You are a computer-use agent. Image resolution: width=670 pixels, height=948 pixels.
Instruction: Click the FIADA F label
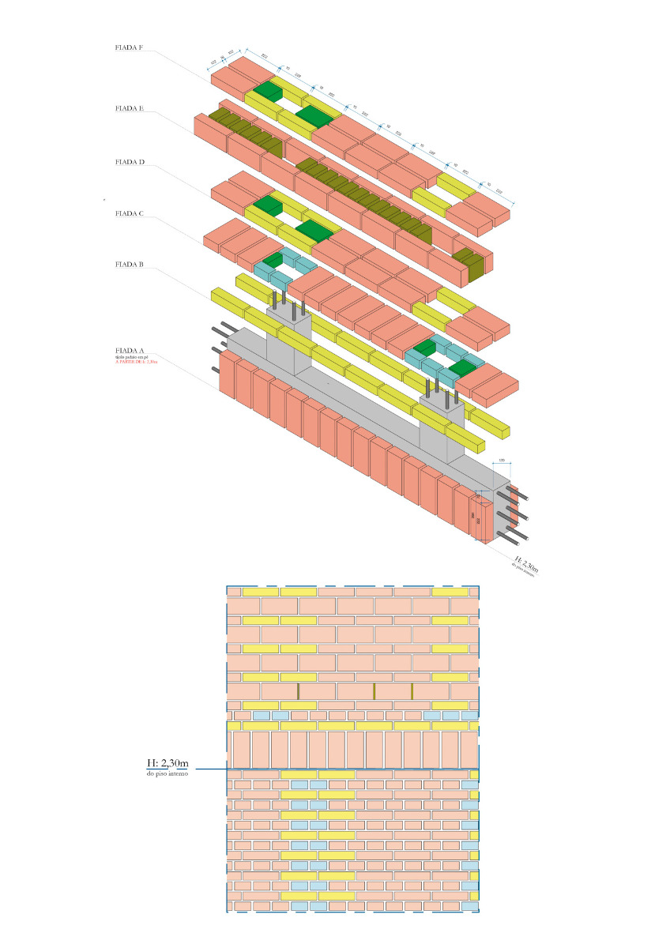point(129,48)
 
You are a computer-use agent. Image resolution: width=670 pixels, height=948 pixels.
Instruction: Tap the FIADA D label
point(129,162)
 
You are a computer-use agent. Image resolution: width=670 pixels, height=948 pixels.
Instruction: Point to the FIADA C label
point(129,213)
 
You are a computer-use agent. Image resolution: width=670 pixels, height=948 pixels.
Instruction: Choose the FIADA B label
point(129,265)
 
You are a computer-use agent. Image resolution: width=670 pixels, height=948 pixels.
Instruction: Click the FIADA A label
point(129,350)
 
